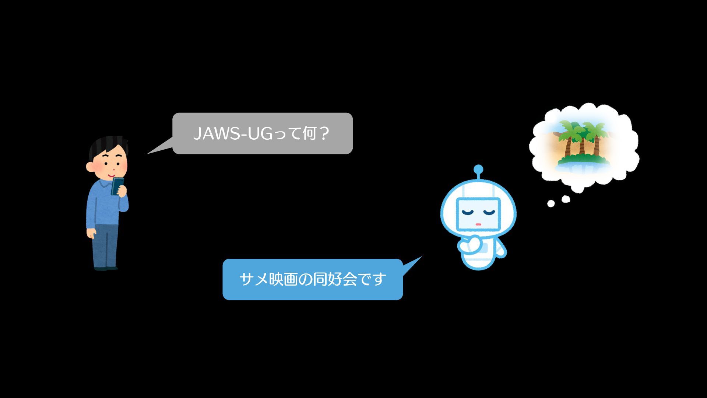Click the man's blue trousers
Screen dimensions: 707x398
pos(106,245)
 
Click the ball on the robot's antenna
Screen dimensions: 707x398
pos(478,170)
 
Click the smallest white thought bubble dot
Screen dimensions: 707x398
pos(551,203)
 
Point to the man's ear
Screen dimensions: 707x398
pos(89,167)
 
